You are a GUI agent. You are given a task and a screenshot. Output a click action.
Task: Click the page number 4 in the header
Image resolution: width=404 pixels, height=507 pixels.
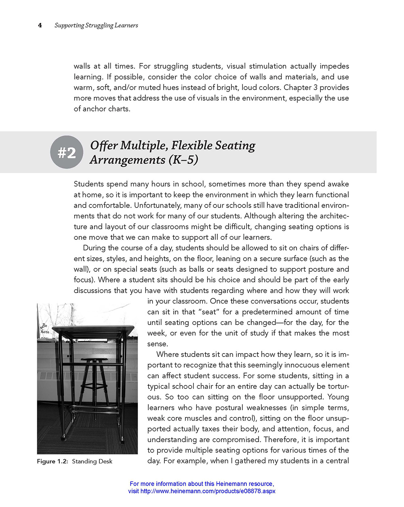[x=40, y=25]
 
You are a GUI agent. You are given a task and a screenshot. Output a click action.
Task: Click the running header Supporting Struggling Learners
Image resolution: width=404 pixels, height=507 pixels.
[x=96, y=25]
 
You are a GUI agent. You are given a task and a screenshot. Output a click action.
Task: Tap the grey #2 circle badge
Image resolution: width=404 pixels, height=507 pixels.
[x=67, y=152]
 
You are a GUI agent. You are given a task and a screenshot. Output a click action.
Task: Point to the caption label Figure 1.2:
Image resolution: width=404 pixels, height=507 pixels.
[x=53, y=461]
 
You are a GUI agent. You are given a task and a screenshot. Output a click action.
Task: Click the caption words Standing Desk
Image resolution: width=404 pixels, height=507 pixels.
[x=92, y=461]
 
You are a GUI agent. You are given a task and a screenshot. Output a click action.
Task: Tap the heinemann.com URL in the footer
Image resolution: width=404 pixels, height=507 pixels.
[x=208, y=491]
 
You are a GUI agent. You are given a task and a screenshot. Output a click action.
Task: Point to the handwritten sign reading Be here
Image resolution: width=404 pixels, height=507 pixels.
[x=44, y=329]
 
